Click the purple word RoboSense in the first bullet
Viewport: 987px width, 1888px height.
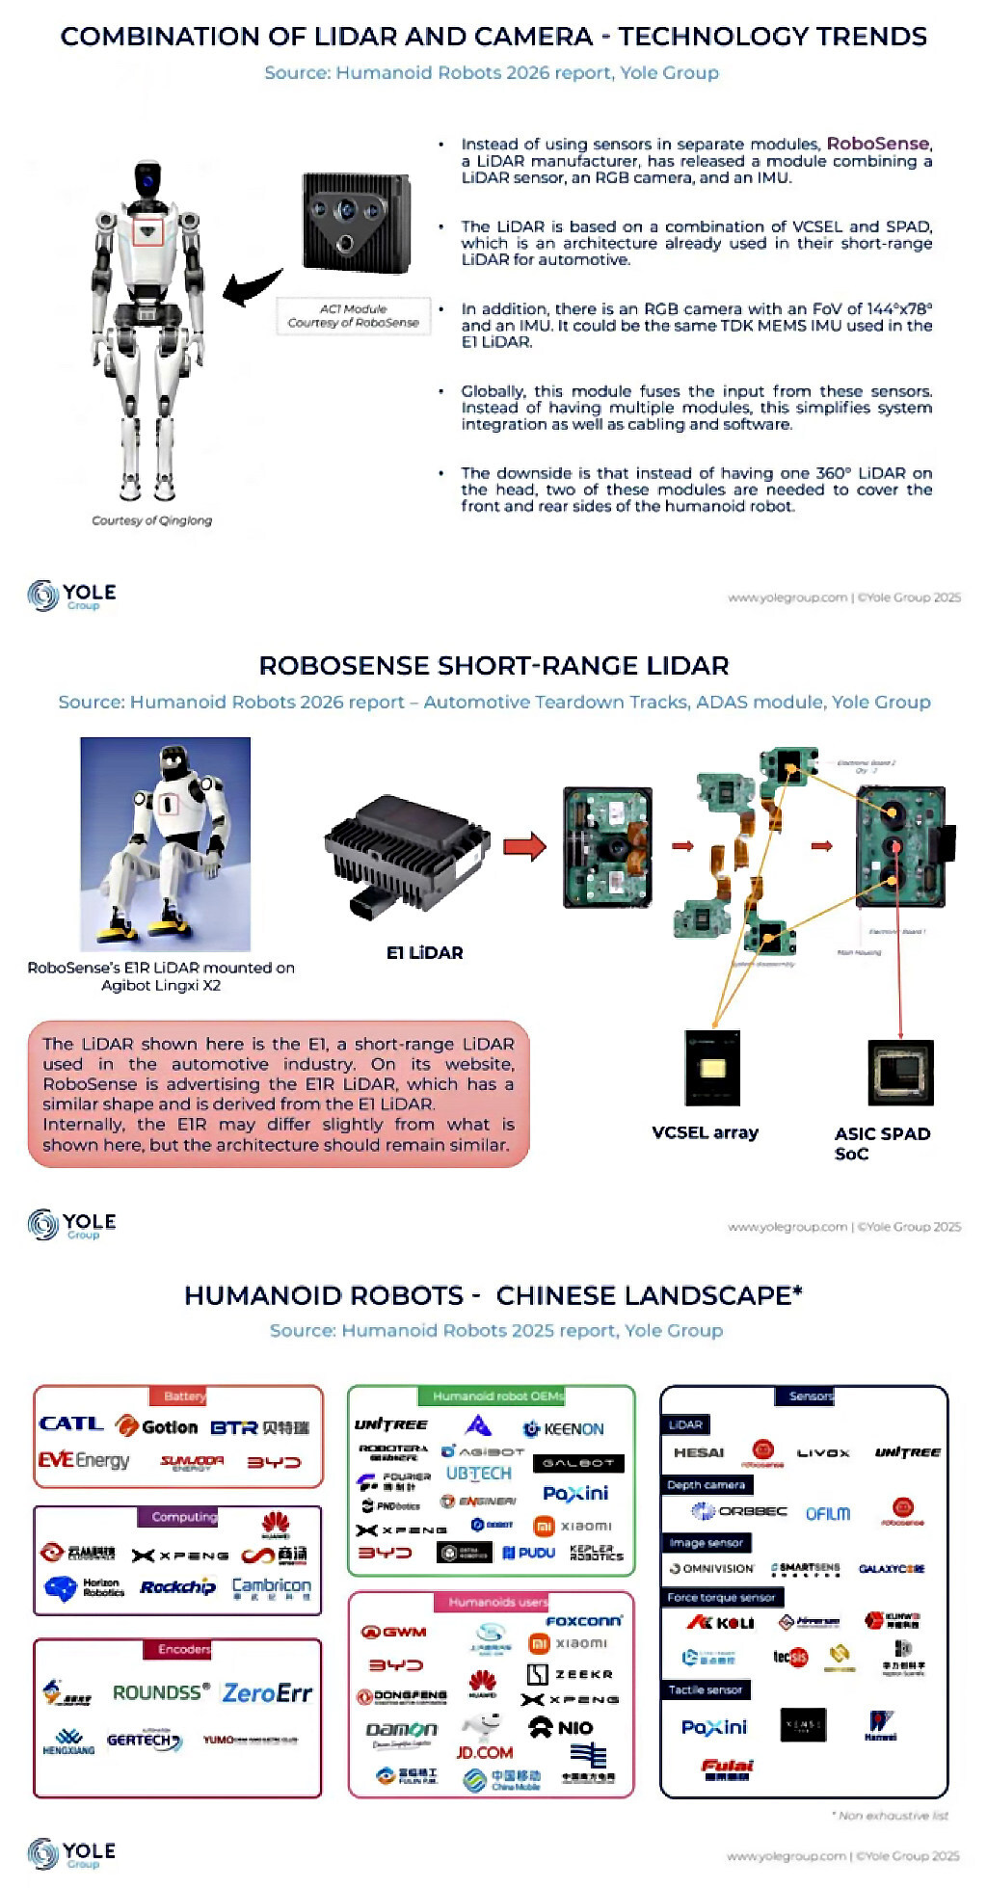pos(877,144)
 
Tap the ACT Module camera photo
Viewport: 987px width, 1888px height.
pos(356,224)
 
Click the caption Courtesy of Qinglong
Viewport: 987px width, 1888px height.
pos(151,520)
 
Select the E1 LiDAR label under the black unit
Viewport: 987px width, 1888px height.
pos(424,952)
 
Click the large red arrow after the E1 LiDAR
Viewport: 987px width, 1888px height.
pos(524,847)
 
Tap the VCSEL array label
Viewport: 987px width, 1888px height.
pos(705,1132)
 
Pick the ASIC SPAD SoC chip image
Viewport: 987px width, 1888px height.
pos(900,1072)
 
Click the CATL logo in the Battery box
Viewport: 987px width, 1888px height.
pos(70,1423)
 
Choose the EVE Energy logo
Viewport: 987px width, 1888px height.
pos(83,1460)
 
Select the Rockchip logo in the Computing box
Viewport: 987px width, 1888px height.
pos(177,1587)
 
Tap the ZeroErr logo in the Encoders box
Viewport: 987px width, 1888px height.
pos(267,1693)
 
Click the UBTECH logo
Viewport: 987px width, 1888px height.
pos(478,1474)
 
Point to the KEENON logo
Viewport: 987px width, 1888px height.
pos(564,1428)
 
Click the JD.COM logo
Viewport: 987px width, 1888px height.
pos(484,1752)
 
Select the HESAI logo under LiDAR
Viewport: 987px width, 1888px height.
pos(699,1452)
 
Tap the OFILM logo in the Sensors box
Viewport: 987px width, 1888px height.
pos(827,1513)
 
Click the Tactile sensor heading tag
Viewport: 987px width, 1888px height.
pos(705,1689)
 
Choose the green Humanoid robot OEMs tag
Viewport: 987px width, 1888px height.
pos(492,1396)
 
